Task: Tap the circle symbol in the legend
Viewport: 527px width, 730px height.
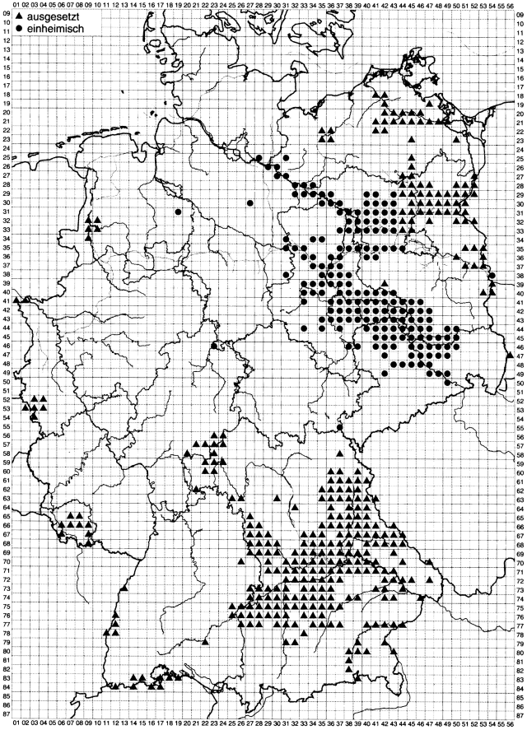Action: [18, 26]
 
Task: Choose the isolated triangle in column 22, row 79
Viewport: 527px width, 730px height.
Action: [205, 641]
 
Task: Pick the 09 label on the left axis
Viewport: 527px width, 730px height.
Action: [7, 14]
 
